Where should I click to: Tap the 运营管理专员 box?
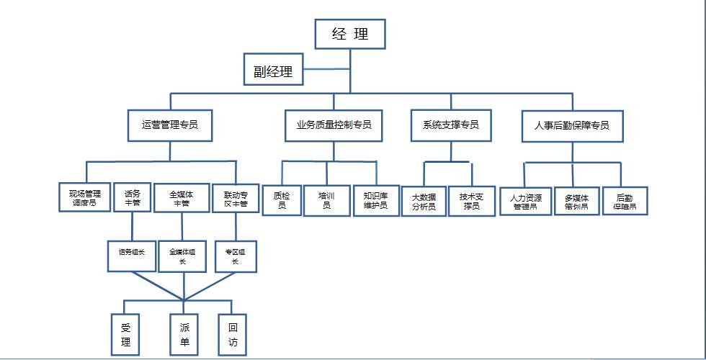click(x=170, y=125)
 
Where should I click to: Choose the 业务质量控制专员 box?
click(x=334, y=125)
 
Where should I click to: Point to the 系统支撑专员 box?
click(x=450, y=125)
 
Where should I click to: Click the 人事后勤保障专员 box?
click(x=571, y=125)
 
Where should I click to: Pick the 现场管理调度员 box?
click(x=84, y=198)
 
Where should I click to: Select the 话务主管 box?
click(x=133, y=198)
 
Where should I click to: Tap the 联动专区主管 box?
click(x=235, y=198)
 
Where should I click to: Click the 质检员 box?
click(x=280, y=199)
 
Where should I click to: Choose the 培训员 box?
click(x=326, y=199)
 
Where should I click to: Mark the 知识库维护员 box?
click(x=375, y=199)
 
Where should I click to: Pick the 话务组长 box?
click(x=132, y=253)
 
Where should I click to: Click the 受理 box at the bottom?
click(x=125, y=334)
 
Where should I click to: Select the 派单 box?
click(x=184, y=334)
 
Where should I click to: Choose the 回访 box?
click(x=232, y=334)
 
